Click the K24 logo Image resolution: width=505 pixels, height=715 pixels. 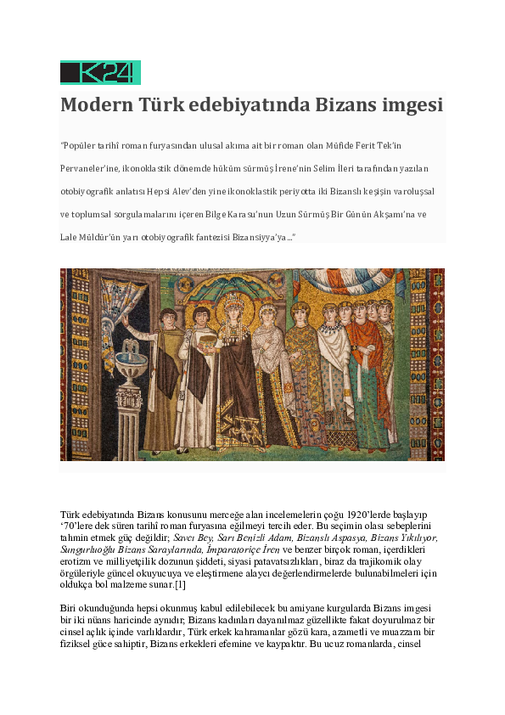99,72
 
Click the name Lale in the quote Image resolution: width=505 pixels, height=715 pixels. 69,237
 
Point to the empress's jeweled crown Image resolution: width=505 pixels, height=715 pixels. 234,300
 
